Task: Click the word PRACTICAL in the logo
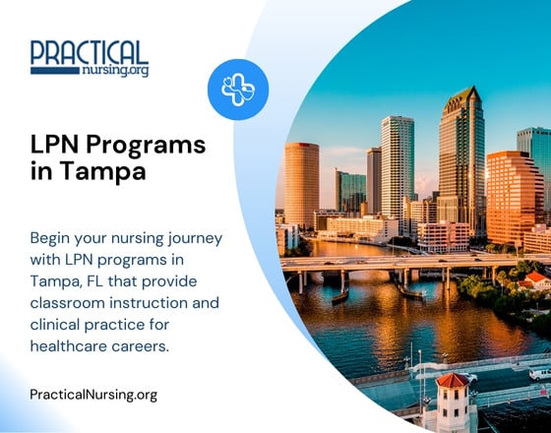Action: (90, 52)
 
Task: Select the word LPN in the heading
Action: (53, 146)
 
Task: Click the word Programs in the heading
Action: (146, 146)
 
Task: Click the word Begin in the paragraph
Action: (52, 238)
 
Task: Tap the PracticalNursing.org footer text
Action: (94, 395)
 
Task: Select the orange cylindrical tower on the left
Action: (301, 183)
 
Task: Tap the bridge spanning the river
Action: (394, 264)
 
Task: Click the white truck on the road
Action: (537, 374)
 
